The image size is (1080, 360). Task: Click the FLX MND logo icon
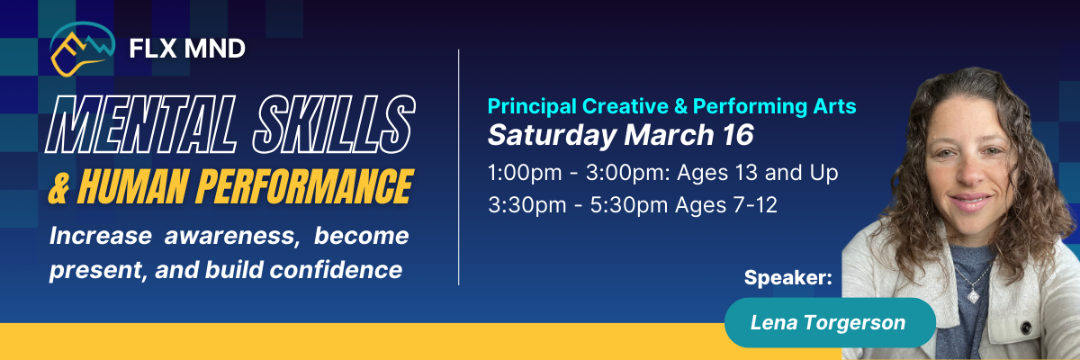click(82, 49)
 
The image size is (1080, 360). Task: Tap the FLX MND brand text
click(187, 49)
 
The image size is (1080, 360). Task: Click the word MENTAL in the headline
click(141, 125)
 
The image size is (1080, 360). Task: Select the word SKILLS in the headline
click(334, 125)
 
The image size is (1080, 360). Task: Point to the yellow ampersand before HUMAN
click(59, 188)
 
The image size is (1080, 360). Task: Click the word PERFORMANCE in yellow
click(304, 187)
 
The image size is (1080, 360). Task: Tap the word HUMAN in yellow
click(132, 187)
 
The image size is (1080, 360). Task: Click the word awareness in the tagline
click(229, 236)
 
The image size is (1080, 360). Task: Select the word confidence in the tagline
click(336, 269)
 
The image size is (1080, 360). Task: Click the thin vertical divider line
click(458, 167)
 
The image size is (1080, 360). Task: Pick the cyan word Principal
click(532, 106)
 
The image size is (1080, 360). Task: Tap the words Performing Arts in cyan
click(774, 106)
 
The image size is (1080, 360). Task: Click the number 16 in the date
click(738, 134)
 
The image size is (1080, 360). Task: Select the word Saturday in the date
click(553, 135)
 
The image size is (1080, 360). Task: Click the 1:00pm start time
click(525, 173)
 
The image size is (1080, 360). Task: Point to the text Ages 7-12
click(726, 205)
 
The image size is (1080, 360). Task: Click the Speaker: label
click(787, 277)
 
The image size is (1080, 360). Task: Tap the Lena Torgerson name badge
click(829, 322)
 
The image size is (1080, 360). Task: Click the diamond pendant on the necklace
click(974, 295)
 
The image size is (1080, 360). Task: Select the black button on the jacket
click(1027, 328)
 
